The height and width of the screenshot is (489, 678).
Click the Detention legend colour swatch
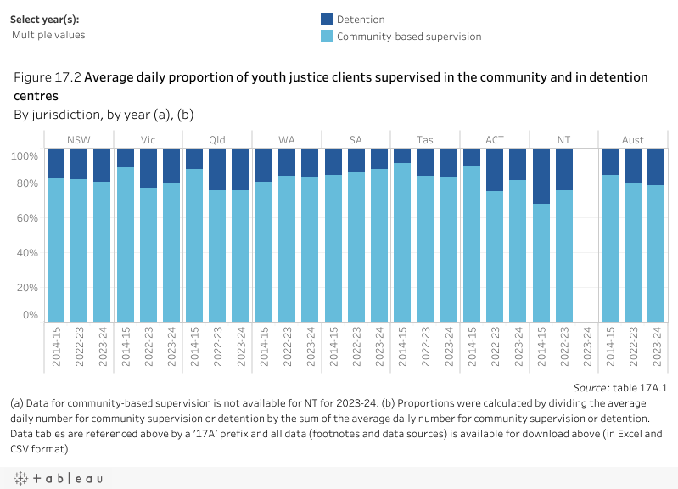327,19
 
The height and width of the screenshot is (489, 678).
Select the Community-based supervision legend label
408,37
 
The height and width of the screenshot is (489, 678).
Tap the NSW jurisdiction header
79,140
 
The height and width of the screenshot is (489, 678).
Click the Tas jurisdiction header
425,140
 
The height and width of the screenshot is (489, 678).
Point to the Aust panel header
632,140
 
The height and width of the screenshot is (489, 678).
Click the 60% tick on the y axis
29,218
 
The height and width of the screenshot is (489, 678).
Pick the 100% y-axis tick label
25,156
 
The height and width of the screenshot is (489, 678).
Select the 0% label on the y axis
31,316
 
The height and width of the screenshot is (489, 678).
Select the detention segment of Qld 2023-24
240,169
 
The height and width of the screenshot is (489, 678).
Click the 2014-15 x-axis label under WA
264,346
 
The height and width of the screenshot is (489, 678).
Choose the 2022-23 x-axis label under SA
356,346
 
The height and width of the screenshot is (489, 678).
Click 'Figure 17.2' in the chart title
47,77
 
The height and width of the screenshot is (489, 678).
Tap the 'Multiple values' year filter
48,35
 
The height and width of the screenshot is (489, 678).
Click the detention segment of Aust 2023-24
655,166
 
